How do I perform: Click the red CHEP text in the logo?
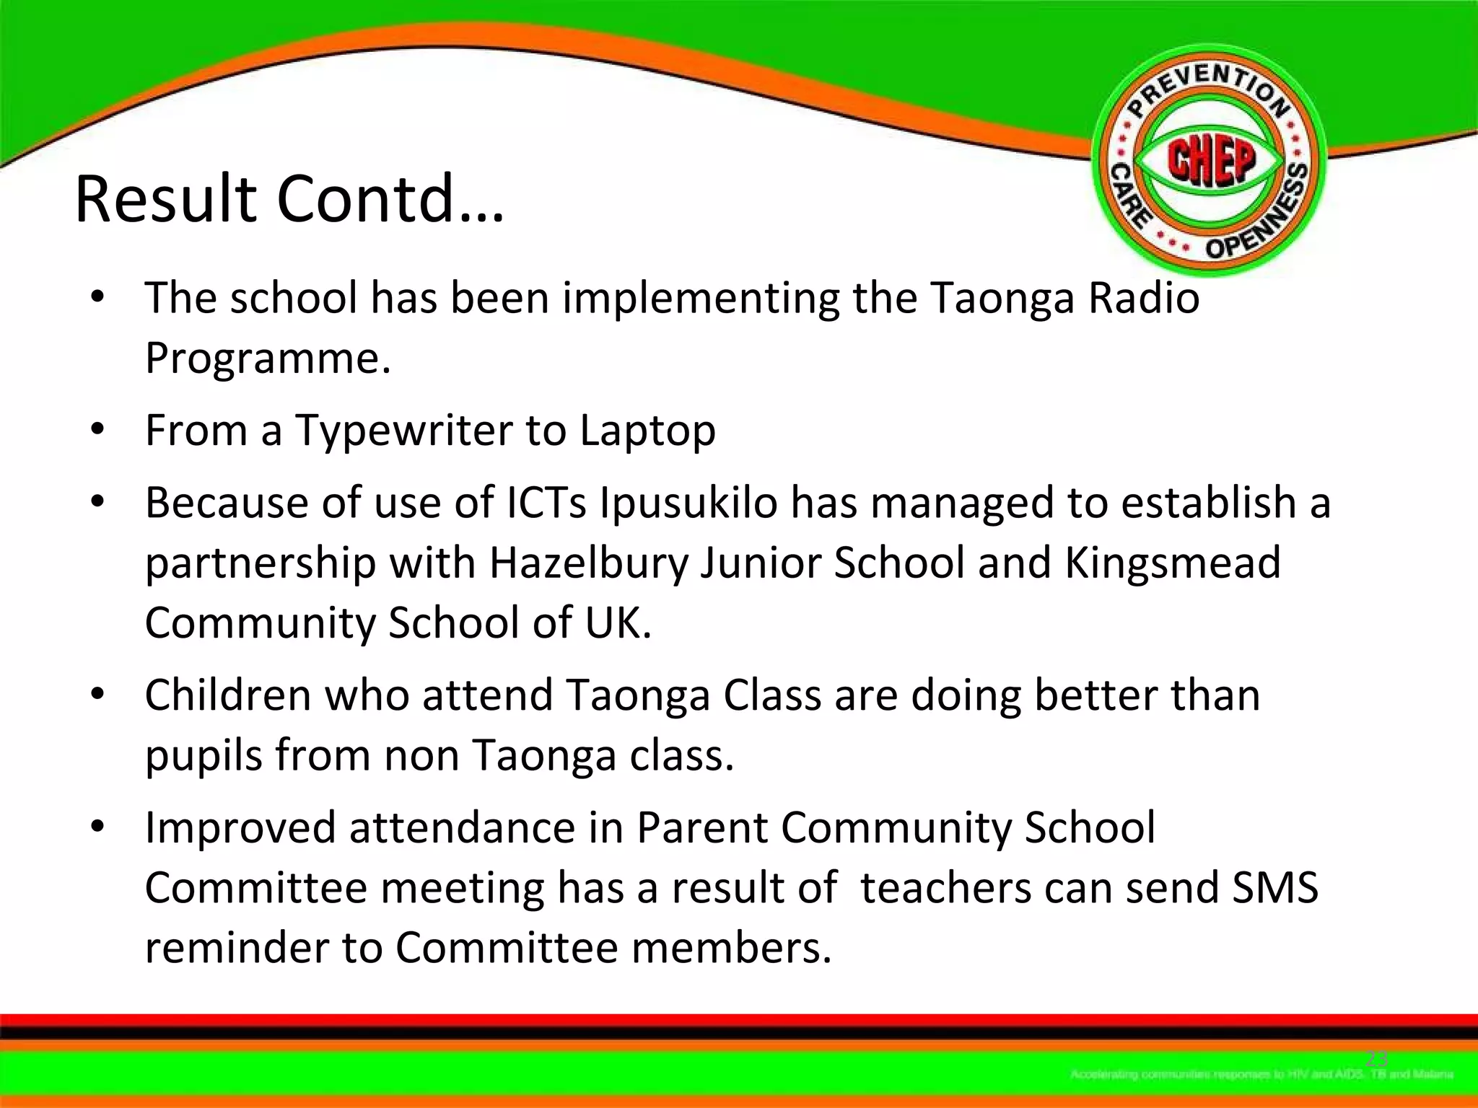click(x=1212, y=160)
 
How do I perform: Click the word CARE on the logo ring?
click(x=1130, y=196)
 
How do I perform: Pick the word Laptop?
click(x=647, y=431)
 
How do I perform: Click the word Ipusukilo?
click(x=688, y=502)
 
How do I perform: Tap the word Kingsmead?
click(x=1172, y=563)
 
